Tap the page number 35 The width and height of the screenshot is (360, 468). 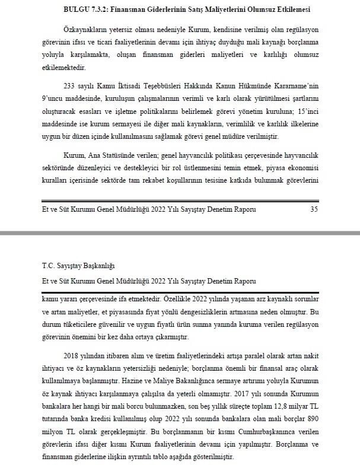pyautogui.click(x=314, y=208)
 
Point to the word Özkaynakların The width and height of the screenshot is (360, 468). pyautogui.click(x=85, y=29)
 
